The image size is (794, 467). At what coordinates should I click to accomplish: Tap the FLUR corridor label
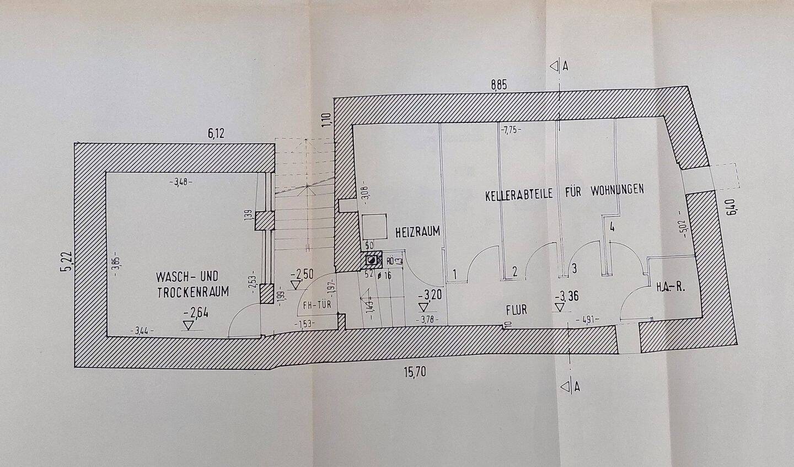517,310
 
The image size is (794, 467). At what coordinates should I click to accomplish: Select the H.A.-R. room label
670,288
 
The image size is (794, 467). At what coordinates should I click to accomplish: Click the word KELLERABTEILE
521,195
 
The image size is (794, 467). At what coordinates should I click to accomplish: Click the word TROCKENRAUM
193,293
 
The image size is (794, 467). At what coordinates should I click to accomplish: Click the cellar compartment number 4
612,226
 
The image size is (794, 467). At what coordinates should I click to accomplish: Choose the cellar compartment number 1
455,273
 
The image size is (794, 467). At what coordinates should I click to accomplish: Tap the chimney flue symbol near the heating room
373,260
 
